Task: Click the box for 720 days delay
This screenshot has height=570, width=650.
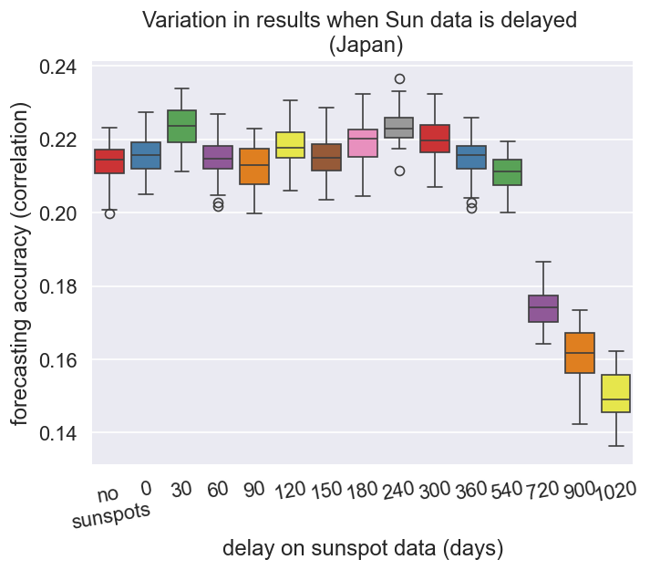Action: [x=543, y=308]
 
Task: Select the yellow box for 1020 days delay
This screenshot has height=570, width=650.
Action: [x=616, y=393]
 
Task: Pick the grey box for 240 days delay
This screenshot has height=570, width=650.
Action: [x=399, y=128]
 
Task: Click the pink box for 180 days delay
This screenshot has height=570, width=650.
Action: [x=363, y=143]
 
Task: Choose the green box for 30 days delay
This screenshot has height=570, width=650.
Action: [x=181, y=127]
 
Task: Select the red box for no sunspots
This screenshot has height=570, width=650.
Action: [x=109, y=161]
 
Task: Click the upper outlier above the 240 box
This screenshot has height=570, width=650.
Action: [x=399, y=78]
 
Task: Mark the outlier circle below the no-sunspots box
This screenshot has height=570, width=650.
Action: [x=109, y=213]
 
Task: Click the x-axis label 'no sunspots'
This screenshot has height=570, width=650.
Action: [x=109, y=506]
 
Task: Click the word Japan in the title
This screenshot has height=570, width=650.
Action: [x=365, y=44]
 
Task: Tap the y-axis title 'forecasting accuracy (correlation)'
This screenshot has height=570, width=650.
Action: [x=20, y=263]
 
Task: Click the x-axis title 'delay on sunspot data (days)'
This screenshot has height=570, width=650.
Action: [x=363, y=548]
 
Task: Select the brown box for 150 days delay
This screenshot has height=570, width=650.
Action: [x=326, y=157]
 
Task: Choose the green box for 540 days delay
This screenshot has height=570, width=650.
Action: [x=507, y=171]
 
